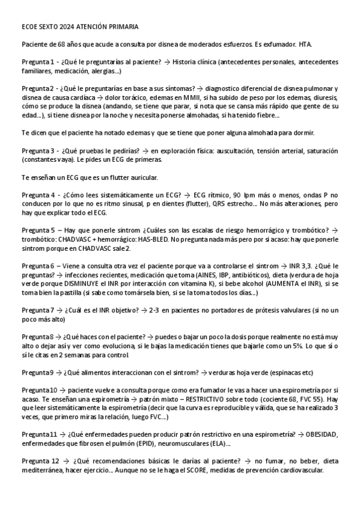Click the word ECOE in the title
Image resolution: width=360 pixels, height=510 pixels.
point(29,27)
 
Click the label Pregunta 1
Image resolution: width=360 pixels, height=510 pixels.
point(39,62)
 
